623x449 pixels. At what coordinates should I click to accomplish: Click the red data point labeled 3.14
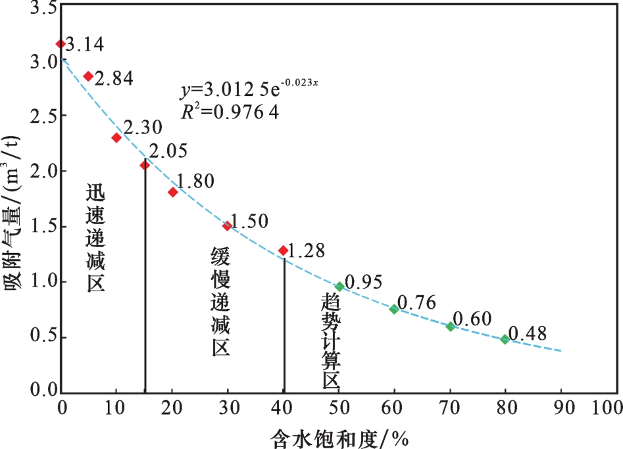[61, 44]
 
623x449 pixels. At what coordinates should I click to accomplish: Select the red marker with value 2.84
[88, 76]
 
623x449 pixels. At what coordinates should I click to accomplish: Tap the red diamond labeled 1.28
[283, 250]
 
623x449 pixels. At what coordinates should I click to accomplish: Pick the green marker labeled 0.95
[339, 287]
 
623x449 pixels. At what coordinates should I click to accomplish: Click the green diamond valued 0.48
[505, 339]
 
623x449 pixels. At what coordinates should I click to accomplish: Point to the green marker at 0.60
[451, 327]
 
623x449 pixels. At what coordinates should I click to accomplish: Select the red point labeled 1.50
[227, 226]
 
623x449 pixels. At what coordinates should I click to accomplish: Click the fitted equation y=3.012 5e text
[250, 89]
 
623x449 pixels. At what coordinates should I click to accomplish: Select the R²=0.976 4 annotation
[230, 111]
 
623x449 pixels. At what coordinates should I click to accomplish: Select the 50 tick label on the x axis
[339, 408]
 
